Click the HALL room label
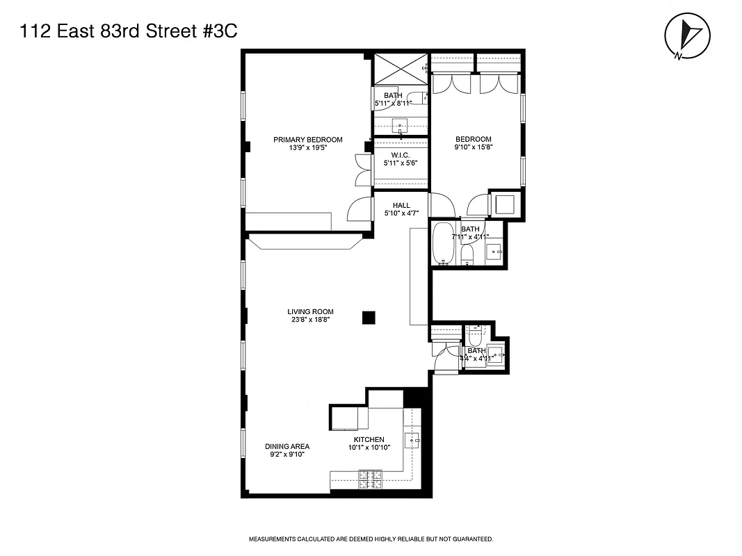(401, 206)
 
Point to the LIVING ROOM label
(310, 312)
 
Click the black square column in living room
(369, 318)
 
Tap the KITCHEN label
(369, 440)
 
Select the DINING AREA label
(287, 447)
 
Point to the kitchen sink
(412, 440)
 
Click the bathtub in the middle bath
(443, 243)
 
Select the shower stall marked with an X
(400, 68)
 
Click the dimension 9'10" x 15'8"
(473, 147)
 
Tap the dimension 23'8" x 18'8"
(310, 320)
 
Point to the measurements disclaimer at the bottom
(371, 539)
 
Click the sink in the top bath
(400, 126)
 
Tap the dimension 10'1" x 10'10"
(369, 448)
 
